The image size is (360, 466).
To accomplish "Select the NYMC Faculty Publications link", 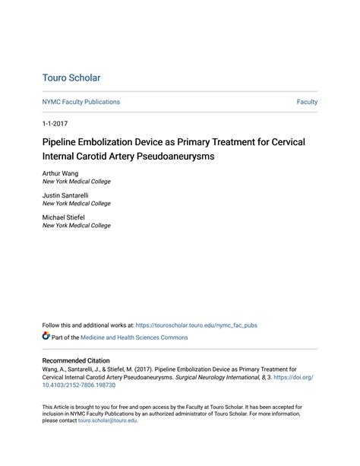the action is tap(81, 102).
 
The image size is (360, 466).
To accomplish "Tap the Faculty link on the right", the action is tap(307, 102).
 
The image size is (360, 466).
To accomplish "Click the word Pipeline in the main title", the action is tap(64, 141).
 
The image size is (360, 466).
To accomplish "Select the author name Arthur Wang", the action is tap(60, 173).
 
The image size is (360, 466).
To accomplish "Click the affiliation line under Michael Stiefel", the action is tap(76, 226).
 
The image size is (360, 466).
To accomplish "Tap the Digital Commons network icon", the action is tap(46, 337).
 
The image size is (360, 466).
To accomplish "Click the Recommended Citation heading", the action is tap(76, 360).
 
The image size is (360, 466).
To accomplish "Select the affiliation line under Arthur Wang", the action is tap(76, 182).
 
